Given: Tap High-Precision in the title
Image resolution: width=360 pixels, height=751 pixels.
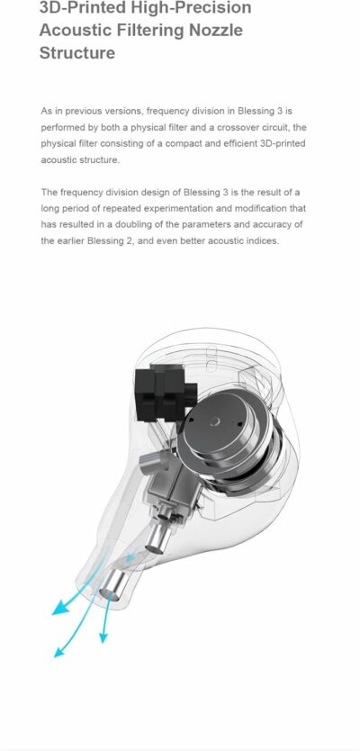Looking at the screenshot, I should pyautogui.click(x=189, y=8).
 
